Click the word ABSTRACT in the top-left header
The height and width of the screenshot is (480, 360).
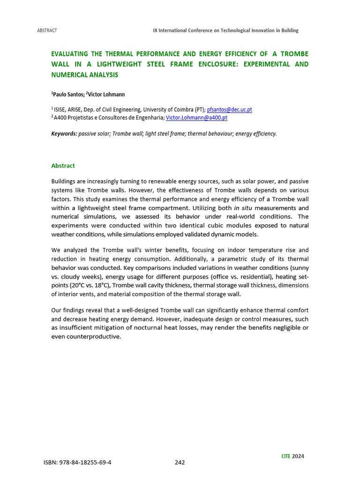tap(47, 30)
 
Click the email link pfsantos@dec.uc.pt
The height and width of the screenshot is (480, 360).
tap(229, 109)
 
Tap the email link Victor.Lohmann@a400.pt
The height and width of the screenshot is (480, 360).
tap(196, 118)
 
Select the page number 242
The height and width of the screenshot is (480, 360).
tap(180, 462)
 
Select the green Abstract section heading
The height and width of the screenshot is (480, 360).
tap(63, 165)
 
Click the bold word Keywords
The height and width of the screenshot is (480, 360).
tap(64, 134)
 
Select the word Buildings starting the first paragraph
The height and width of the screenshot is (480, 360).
tap(63, 181)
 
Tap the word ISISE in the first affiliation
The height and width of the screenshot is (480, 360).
tap(61, 109)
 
